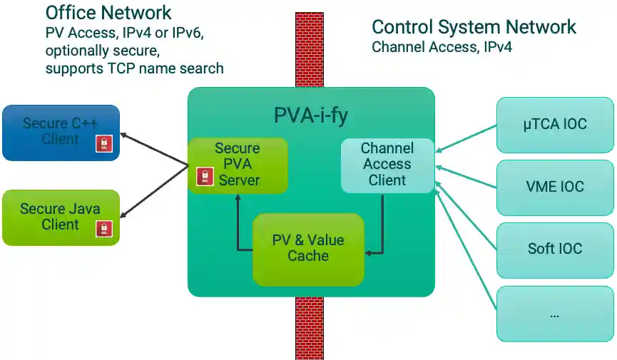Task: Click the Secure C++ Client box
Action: click(61, 132)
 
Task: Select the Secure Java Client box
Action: click(61, 217)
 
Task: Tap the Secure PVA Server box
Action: click(238, 165)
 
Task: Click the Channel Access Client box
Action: click(387, 165)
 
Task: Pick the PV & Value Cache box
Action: click(308, 248)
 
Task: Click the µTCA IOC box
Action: click(554, 125)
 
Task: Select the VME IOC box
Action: click(554, 187)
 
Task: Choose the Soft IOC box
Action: click(554, 249)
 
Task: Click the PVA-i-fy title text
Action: click(311, 114)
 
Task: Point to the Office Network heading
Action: click(108, 12)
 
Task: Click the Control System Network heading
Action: click(474, 27)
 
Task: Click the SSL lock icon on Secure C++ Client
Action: click(104, 144)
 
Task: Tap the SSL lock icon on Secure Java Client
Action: click(104, 229)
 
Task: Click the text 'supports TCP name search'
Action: click(134, 68)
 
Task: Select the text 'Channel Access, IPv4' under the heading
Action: click(442, 47)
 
